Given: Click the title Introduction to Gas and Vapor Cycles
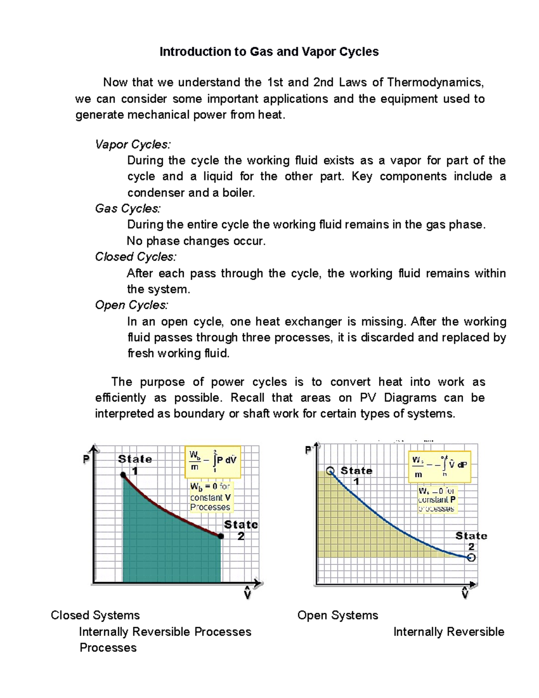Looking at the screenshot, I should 269,52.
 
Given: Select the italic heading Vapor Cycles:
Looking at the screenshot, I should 133,144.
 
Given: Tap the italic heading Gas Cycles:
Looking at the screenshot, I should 128,209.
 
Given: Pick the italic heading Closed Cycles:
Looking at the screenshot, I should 136,257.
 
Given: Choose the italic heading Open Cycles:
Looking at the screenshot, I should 132,305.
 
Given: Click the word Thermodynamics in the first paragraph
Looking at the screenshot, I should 435,82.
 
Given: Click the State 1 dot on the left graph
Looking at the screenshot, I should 123,475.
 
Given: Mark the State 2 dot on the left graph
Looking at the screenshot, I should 221,536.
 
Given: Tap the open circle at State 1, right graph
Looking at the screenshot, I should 330,471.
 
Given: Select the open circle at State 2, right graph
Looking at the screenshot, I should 471,558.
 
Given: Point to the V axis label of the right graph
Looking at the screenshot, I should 465,594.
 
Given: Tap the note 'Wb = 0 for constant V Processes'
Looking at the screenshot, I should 210,497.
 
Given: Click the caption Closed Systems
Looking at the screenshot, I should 95,615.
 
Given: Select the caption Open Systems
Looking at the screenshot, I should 338,615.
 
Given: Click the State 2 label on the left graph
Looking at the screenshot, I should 241,530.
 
